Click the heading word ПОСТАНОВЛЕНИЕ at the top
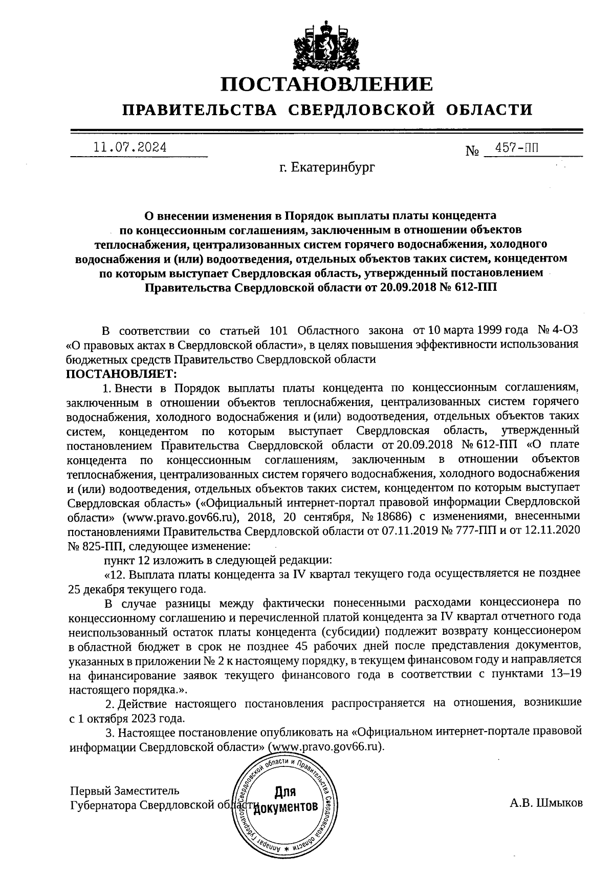click(x=326, y=84)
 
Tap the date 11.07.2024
click(x=130, y=147)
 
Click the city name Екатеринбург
click(x=327, y=167)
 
